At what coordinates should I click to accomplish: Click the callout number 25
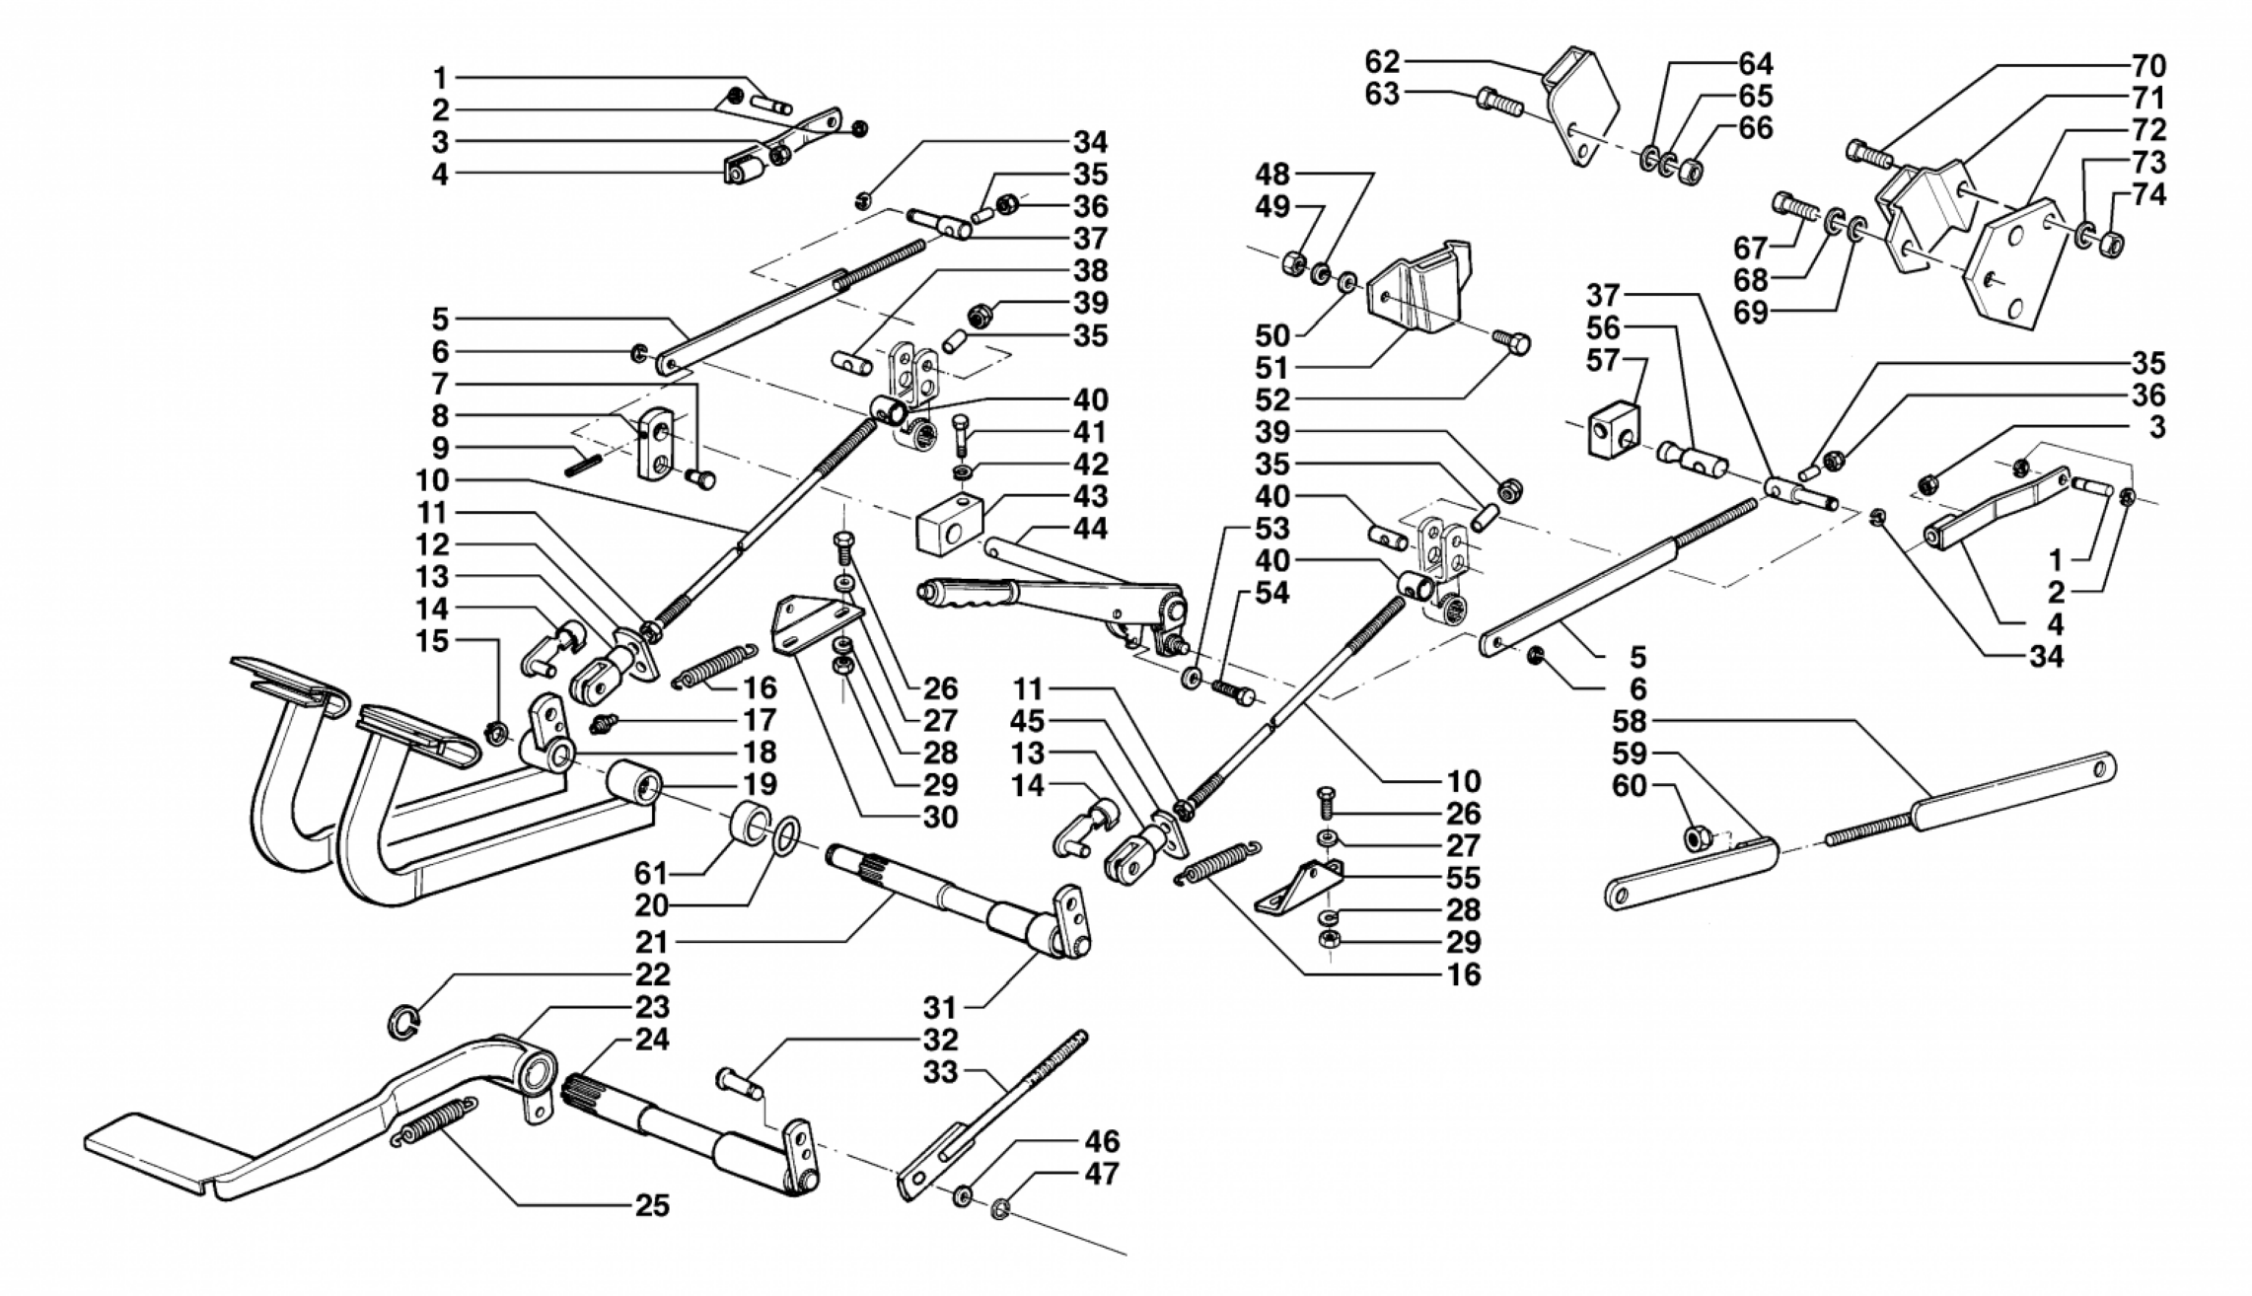coord(652,1206)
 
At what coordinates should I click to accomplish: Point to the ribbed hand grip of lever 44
coord(977,596)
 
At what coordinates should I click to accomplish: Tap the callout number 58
coord(1630,721)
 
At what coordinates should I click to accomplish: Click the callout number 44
coord(1090,529)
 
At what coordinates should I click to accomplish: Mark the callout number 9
coord(440,448)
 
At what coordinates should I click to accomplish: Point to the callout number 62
coord(1382,62)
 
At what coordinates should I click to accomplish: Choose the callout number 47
coord(1102,1174)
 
